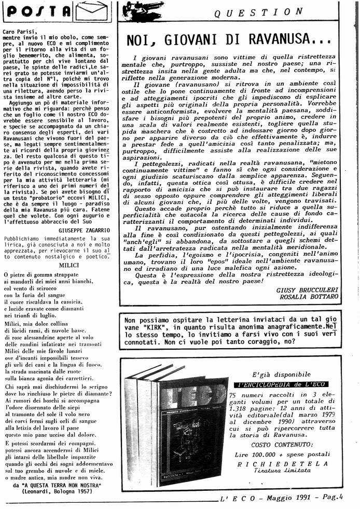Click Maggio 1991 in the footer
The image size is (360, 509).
(x=295, y=500)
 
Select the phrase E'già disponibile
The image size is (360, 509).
(x=281, y=374)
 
